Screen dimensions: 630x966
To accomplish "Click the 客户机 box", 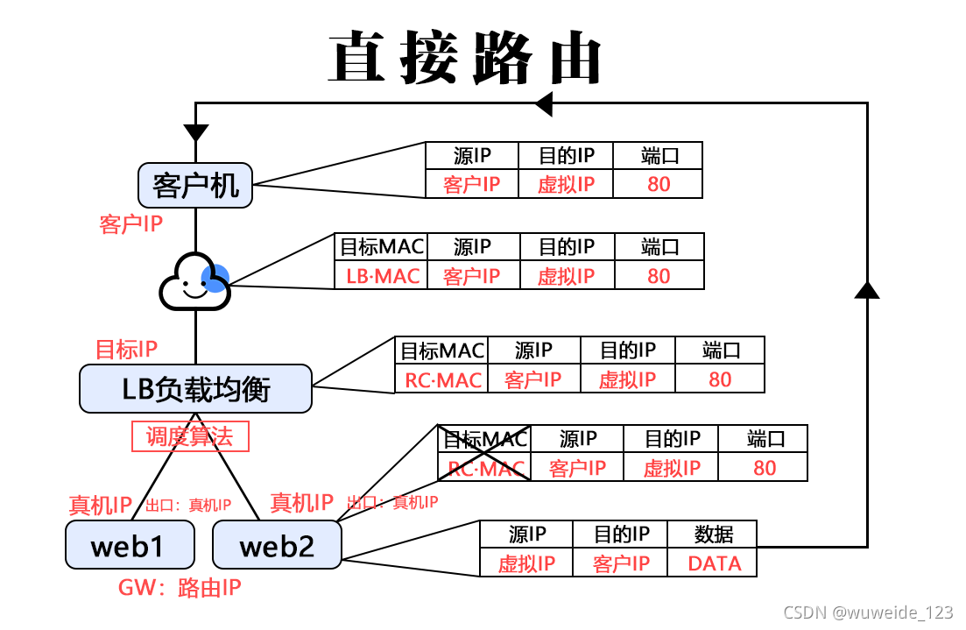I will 195,186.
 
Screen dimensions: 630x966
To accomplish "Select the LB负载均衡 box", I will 195,388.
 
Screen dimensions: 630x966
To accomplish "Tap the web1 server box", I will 129,545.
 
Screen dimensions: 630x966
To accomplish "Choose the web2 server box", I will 277,545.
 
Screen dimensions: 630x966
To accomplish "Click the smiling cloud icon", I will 192,281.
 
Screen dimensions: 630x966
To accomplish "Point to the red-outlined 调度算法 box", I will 190,436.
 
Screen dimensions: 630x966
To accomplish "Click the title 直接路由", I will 465,59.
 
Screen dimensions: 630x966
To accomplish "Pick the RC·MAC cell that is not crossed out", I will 442,379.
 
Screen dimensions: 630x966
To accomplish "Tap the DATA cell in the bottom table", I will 714,563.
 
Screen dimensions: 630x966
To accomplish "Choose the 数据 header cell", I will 714,534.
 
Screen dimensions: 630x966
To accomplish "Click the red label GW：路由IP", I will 180,588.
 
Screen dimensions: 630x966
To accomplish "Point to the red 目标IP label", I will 126,350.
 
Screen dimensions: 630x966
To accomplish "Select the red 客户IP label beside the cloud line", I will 131,224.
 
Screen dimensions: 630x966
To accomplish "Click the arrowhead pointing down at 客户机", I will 195,132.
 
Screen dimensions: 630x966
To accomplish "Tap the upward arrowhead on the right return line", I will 867,289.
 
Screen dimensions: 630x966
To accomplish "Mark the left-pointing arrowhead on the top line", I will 544,103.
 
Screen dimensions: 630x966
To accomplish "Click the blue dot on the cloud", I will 215,279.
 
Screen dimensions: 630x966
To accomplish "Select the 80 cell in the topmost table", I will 659,184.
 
